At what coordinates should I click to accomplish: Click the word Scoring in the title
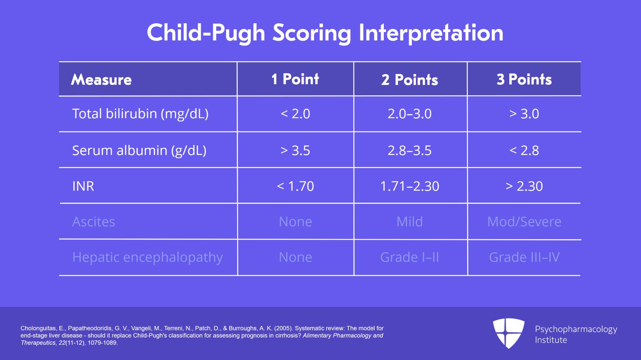[x=312, y=33]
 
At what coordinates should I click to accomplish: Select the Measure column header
[x=101, y=79]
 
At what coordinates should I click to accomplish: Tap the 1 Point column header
[x=295, y=79]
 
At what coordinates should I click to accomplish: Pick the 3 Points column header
[x=524, y=79]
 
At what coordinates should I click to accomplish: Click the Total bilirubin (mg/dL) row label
[x=140, y=114]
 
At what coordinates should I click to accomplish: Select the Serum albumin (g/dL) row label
[x=139, y=151]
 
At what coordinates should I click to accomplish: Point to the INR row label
[x=83, y=186]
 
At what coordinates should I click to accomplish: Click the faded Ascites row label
[x=93, y=222]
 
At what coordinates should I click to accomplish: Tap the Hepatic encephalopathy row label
[x=147, y=257]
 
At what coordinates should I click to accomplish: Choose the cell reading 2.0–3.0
[x=409, y=114]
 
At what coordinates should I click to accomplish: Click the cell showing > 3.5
[x=295, y=151]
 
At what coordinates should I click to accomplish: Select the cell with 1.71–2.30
[x=409, y=186]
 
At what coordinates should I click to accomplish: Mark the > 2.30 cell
[x=524, y=186]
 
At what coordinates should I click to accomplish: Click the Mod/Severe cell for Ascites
[x=524, y=222]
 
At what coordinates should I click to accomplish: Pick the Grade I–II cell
[x=409, y=257]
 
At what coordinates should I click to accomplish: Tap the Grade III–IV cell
[x=524, y=257]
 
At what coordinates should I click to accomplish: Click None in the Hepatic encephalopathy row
[x=295, y=257]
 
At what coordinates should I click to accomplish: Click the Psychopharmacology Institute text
[x=576, y=334]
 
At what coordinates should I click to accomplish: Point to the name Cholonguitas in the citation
[x=38, y=328]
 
